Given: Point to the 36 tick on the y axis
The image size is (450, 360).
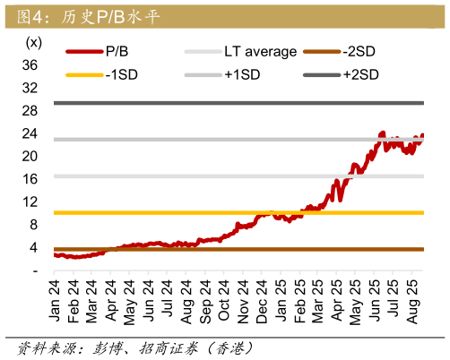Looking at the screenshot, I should tap(29, 65).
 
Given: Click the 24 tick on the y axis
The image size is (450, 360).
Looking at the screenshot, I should tap(29, 134).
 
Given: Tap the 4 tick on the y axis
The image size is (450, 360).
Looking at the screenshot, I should tap(32, 248).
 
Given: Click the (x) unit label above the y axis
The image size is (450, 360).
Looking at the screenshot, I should tap(33, 42).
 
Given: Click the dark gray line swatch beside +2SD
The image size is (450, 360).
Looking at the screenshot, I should tap(323, 74).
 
